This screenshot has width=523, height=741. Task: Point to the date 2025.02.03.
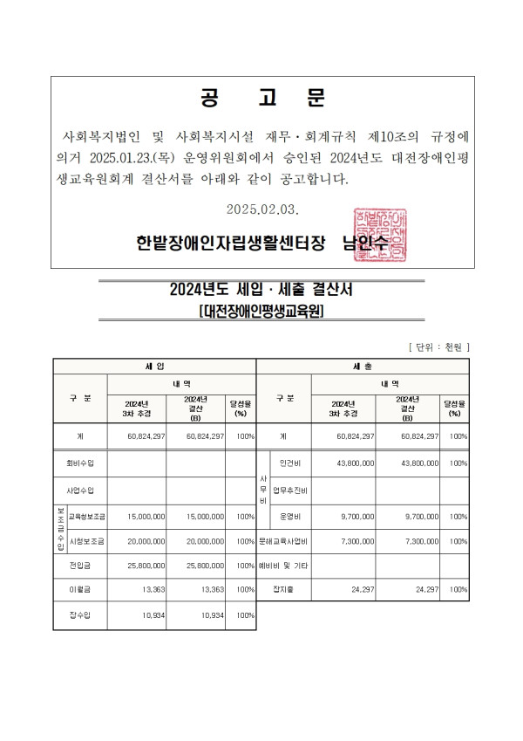pyautogui.click(x=262, y=209)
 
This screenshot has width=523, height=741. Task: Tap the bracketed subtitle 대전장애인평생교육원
pyautogui.click(x=261, y=311)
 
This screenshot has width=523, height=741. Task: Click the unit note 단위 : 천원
pyautogui.click(x=439, y=347)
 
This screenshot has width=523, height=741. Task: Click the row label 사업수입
pyautogui.click(x=80, y=491)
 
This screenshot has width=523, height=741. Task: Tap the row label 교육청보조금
pyautogui.click(x=87, y=517)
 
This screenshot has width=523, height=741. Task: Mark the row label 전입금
pyautogui.click(x=80, y=566)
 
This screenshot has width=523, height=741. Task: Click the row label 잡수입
pyautogui.click(x=80, y=616)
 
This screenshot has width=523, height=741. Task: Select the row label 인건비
pyautogui.click(x=290, y=463)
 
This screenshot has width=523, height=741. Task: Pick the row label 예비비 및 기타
pyautogui.click(x=283, y=566)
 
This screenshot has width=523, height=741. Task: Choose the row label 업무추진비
pyautogui.click(x=290, y=491)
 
